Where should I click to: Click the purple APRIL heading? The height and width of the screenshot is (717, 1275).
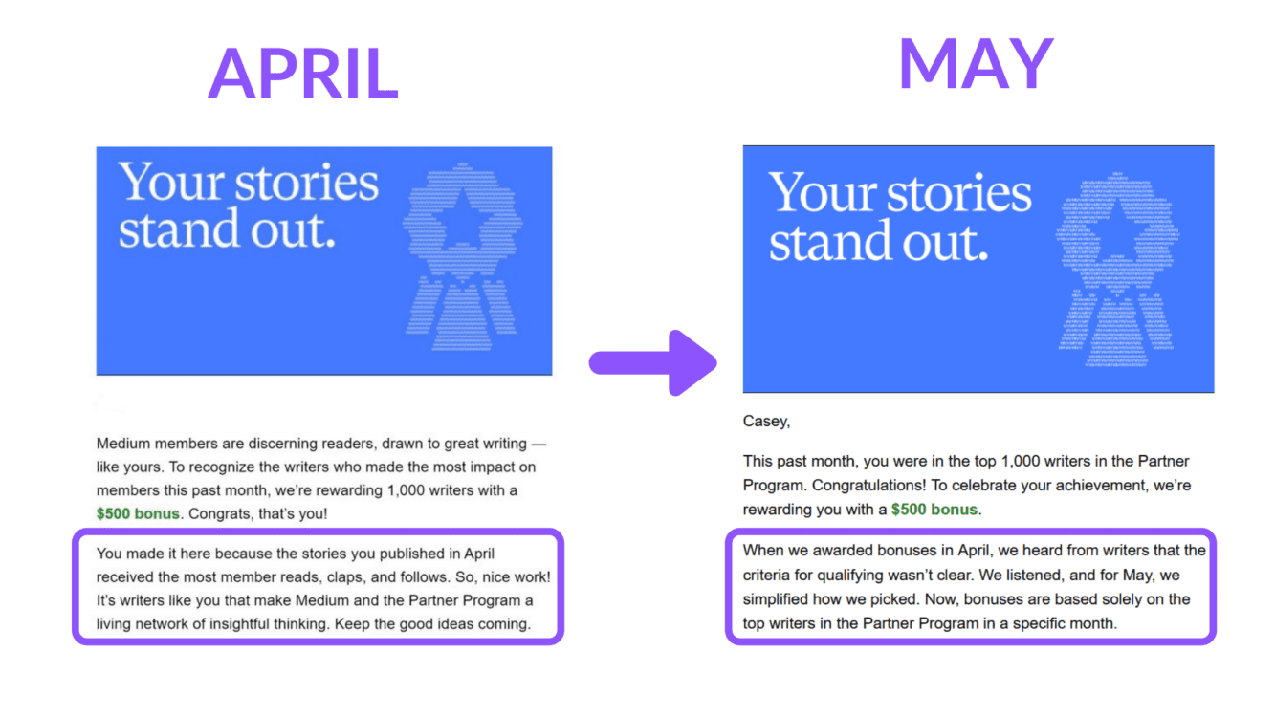(x=303, y=74)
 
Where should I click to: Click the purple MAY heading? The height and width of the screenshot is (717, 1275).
(x=977, y=63)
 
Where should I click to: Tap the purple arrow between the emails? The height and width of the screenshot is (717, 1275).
(x=653, y=363)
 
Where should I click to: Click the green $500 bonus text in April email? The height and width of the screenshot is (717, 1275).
(x=138, y=514)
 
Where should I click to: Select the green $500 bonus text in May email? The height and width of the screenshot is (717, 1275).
(x=934, y=510)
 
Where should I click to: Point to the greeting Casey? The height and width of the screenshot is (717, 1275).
(x=766, y=422)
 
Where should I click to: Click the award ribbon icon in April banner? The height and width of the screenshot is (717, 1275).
(x=462, y=256)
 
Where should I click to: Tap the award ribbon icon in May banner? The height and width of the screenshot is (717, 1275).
(x=1117, y=270)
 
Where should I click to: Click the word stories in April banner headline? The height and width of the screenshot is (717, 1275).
(x=306, y=184)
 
